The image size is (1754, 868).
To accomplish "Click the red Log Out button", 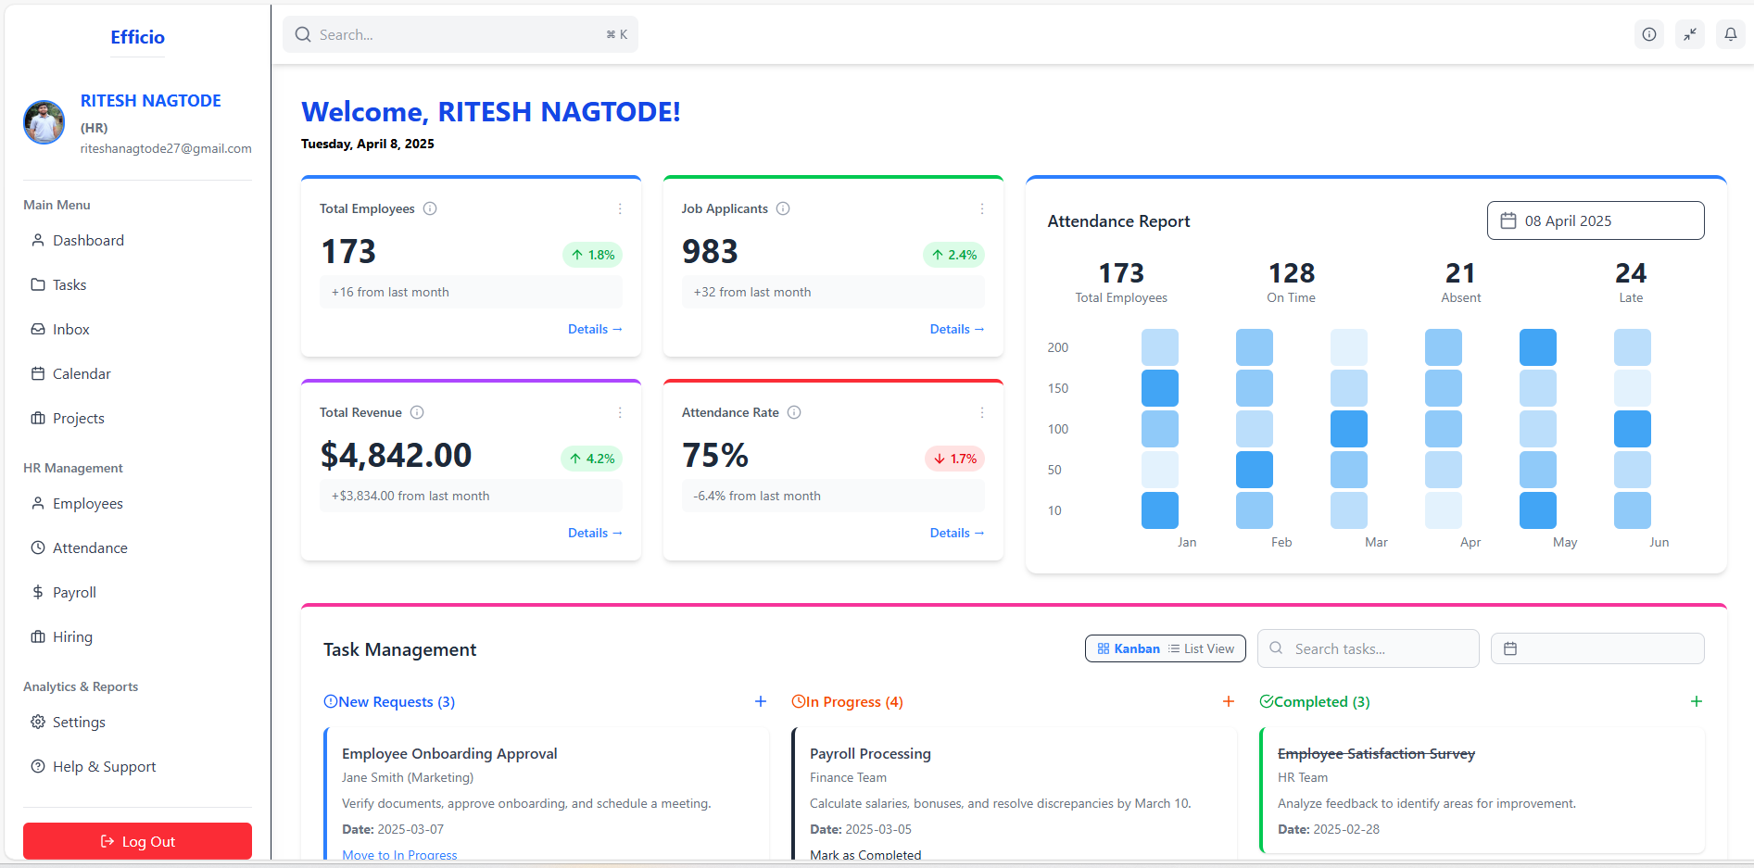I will [137, 841].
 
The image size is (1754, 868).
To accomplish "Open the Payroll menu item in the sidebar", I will [74, 593].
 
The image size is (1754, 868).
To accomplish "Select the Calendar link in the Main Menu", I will [82, 374].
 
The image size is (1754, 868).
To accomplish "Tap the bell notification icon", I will [1730, 35].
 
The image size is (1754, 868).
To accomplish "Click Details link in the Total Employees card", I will [594, 329].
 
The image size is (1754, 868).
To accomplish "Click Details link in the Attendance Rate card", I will [956, 533].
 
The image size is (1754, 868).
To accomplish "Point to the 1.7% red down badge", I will [954, 459].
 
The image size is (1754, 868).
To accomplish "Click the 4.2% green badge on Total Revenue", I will [591, 459].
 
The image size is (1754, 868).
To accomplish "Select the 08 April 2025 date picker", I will [1595, 220].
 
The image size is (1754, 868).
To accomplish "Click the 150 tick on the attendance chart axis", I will [1057, 388].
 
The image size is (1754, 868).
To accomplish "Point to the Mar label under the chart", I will [1376, 542].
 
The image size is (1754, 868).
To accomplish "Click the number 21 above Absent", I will [1460, 273].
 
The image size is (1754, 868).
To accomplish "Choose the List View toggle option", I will [1202, 648].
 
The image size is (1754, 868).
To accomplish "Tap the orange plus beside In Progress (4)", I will [1228, 701].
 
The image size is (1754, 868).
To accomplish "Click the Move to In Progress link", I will [399, 854].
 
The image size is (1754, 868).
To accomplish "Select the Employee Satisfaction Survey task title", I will [1376, 754].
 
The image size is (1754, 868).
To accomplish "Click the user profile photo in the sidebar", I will [44, 122].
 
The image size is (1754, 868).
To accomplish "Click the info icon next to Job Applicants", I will [783, 208].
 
